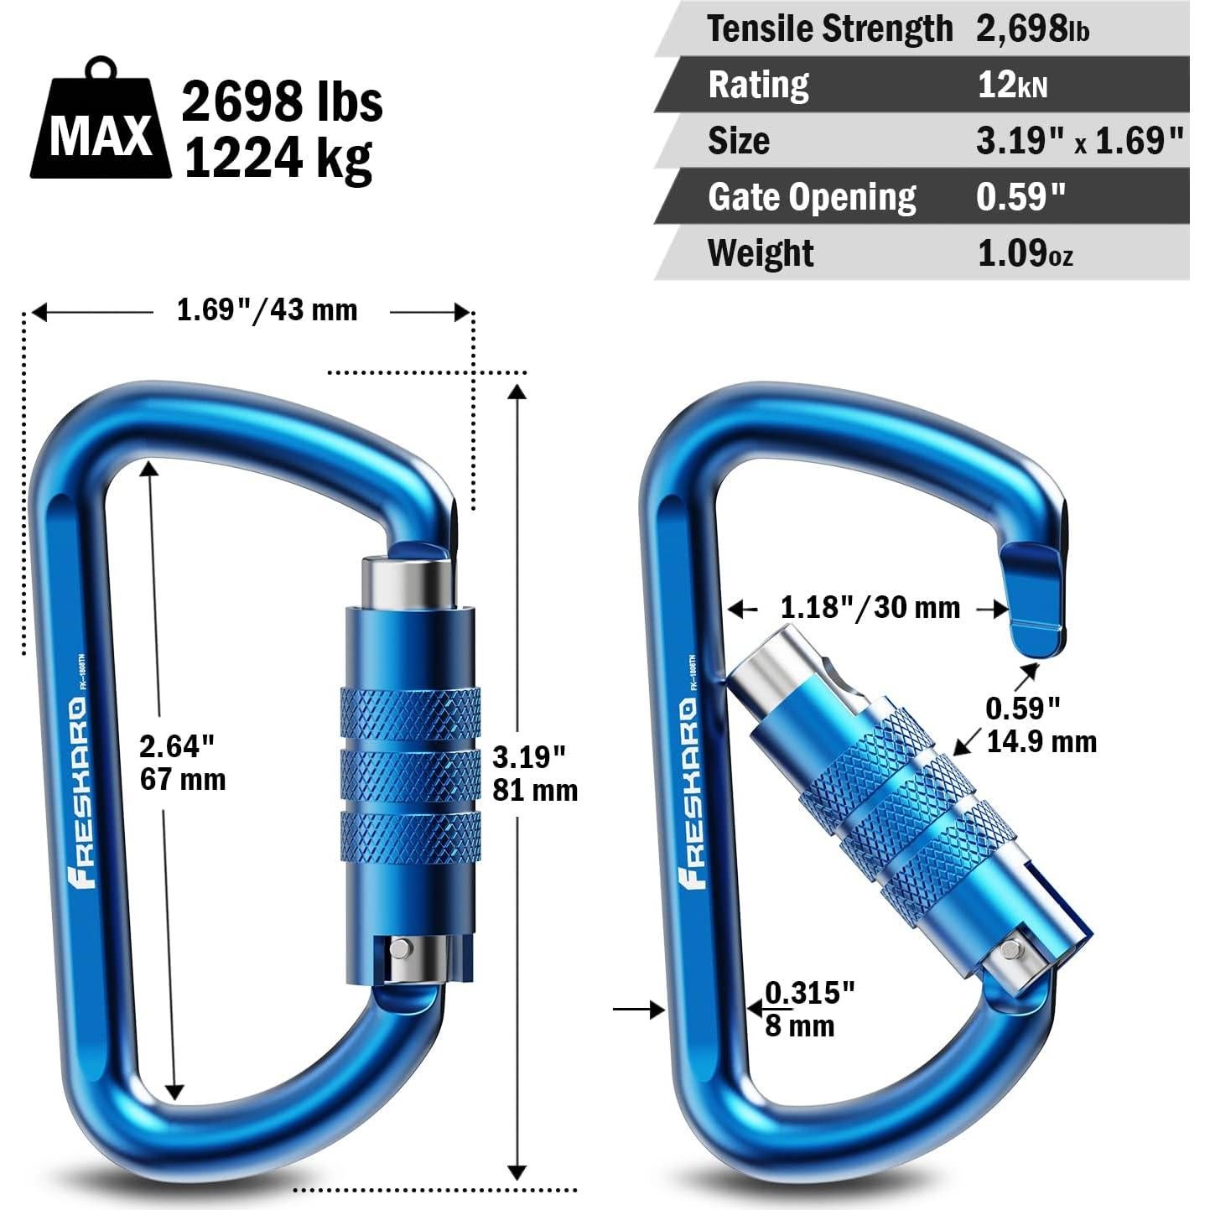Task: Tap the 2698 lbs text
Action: point(282,102)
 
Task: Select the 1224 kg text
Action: point(278,158)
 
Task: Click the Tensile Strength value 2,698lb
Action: point(1032,29)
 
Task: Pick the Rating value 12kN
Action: point(1012,86)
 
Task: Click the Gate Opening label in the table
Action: point(811,198)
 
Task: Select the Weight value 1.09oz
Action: point(1025,253)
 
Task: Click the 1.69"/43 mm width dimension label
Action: point(267,310)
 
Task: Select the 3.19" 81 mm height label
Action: point(534,774)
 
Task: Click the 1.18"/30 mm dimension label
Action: point(870,607)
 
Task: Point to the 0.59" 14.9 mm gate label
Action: point(1040,725)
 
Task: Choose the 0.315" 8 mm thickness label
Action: point(809,1009)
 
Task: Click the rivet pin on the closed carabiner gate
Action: point(401,948)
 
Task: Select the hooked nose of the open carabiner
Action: point(1037,600)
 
